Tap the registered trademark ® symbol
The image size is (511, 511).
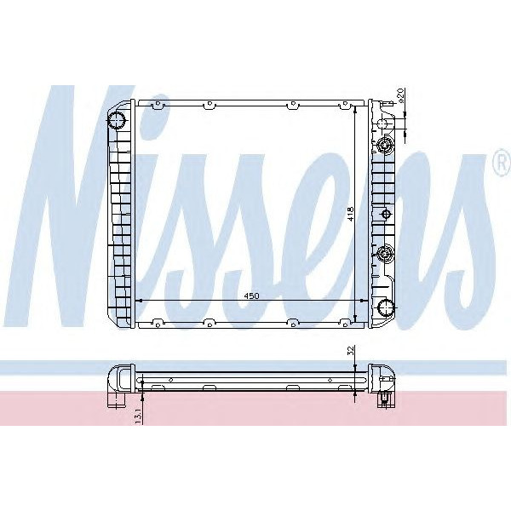[x=500, y=165]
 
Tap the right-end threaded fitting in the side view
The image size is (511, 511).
[x=384, y=399]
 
